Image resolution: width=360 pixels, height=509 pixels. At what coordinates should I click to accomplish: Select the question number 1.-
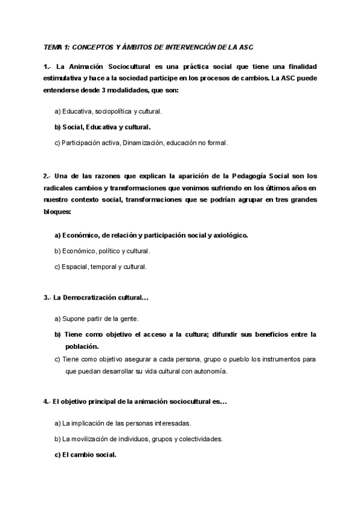point(48,65)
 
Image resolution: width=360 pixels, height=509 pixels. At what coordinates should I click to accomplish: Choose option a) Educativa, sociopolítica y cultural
point(108,111)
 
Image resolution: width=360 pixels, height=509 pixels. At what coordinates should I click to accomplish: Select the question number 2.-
point(48,176)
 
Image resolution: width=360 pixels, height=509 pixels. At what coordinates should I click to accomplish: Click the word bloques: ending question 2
point(57,212)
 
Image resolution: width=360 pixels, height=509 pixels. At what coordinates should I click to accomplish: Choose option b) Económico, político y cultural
point(102,250)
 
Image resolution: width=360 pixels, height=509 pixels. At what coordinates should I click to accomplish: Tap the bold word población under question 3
point(82,346)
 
